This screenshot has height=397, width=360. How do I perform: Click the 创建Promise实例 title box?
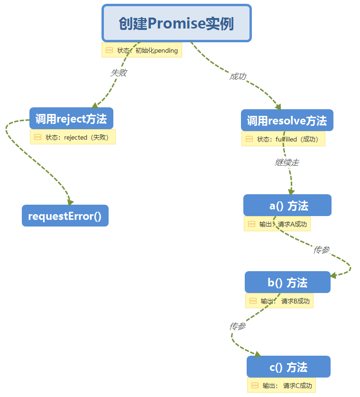[176, 23]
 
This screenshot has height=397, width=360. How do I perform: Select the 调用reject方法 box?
[71, 119]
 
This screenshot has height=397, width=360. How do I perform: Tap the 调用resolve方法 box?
[287, 120]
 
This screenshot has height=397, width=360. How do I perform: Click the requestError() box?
[65, 216]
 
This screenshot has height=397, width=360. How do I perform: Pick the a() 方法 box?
[287, 206]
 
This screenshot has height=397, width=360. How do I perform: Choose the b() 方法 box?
[287, 283]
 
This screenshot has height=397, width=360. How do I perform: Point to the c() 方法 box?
[288, 367]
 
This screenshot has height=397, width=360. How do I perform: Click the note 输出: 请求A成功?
[277, 224]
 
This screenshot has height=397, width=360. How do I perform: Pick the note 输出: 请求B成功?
[279, 301]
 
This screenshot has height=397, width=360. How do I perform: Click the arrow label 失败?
[119, 73]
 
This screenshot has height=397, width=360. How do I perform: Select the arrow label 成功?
[238, 76]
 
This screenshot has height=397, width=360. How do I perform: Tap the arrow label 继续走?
[287, 162]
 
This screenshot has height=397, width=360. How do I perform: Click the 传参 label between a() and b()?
[322, 249]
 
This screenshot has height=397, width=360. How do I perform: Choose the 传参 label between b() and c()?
[238, 326]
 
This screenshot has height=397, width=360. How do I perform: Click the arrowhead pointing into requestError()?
[70, 202]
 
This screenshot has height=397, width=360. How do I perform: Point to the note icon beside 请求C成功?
[255, 386]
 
